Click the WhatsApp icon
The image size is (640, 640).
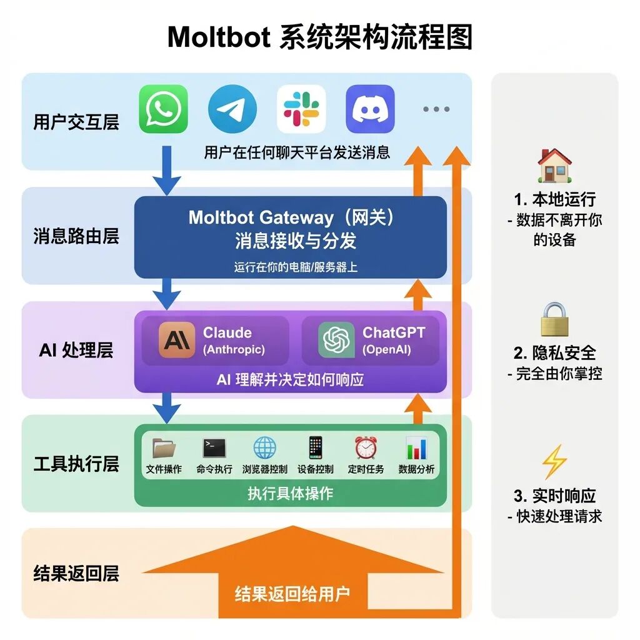(163, 109)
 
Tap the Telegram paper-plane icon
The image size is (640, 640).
(232, 109)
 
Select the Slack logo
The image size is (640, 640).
(301, 109)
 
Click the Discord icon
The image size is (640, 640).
(370, 109)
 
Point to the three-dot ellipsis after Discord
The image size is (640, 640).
(436, 109)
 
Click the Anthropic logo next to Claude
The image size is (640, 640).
(177, 340)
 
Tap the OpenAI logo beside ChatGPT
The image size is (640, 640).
(336, 340)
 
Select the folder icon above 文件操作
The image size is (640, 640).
(164, 447)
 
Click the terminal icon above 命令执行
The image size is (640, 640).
(214, 447)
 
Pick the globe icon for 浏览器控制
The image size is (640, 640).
(264, 447)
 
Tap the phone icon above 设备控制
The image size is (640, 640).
(315, 447)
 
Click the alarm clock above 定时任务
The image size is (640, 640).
(366, 447)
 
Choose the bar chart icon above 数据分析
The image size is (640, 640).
(416, 447)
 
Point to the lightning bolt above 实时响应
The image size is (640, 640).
(554, 463)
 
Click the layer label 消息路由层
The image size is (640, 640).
(76, 236)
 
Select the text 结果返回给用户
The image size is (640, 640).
(292, 594)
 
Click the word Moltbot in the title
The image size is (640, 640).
(219, 37)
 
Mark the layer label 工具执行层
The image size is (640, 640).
(76, 464)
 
